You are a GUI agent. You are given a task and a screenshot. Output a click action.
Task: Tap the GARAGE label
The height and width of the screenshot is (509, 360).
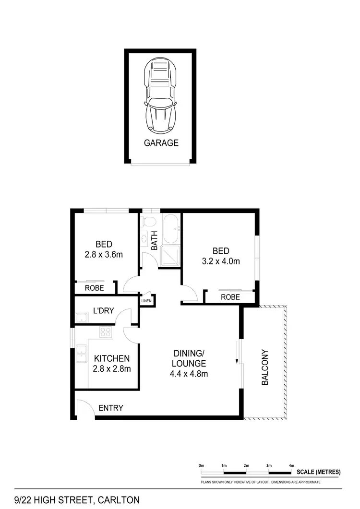pos(161,142)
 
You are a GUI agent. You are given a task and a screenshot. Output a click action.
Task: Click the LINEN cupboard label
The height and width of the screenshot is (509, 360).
pos(146,301)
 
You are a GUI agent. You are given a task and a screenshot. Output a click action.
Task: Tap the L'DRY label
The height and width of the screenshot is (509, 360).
pos(103,310)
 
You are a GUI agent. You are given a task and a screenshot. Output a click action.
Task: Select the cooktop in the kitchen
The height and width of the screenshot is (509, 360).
pos(105,331)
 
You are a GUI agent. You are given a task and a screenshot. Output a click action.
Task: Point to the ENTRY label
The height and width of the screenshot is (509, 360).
pos(111,408)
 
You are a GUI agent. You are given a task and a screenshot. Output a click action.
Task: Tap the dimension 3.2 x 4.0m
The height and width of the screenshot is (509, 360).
pos(221,261)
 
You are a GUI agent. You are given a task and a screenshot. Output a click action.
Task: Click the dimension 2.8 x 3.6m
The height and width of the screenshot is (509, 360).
pos(104,254)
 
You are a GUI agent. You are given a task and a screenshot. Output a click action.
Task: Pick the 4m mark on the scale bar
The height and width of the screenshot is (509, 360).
pos(291,466)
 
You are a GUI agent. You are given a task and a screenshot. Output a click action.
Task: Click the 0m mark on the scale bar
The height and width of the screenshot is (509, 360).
pos(202,466)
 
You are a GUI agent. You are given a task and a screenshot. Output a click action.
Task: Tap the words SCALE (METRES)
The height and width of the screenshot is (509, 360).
pos(319,472)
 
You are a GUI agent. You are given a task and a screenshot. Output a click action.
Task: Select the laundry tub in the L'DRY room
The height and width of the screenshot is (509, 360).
pos(81,317)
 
